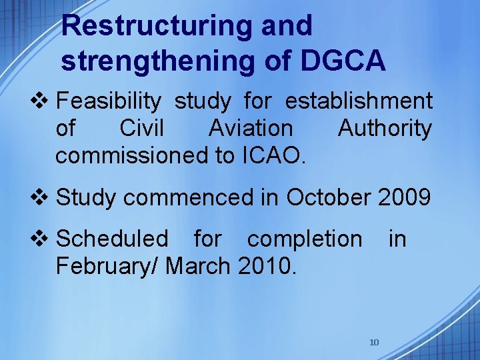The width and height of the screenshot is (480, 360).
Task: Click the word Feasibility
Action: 109,101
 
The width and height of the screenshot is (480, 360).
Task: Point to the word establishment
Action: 359,101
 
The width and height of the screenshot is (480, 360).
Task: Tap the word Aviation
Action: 250,128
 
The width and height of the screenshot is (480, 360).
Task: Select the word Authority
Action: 385,128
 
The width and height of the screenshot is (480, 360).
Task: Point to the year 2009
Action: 404,197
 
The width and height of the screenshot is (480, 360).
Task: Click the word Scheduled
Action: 113,239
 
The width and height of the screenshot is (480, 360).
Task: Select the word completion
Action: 305,239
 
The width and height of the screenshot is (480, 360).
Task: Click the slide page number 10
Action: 374,343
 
